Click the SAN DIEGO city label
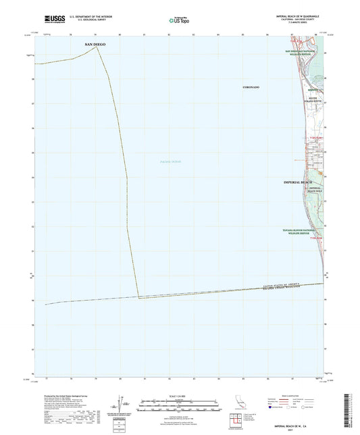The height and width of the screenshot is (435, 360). (x=95, y=44)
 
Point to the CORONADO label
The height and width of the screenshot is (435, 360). (x=250, y=88)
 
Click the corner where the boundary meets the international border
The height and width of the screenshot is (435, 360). (x=139, y=297)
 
